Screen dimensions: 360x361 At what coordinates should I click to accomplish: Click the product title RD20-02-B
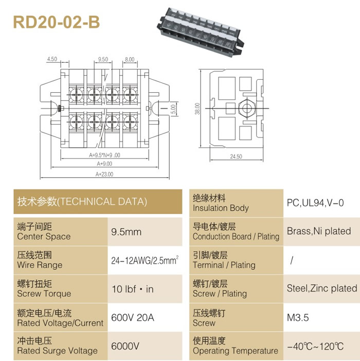click(x=57, y=22)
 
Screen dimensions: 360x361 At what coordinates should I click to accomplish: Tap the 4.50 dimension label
click(x=52, y=59)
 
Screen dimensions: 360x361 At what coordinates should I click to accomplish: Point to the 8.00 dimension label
click(x=130, y=59)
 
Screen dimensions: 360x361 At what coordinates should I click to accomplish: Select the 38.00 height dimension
click(x=197, y=109)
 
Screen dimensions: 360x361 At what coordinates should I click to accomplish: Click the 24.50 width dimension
click(x=236, y=157)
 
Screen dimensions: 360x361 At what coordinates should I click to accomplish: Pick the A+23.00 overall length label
click(x=104, y=174)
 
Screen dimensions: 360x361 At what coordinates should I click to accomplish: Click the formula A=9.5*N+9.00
click(x=104, y=155)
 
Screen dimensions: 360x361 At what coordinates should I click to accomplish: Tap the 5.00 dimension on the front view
click(x=173, y=109)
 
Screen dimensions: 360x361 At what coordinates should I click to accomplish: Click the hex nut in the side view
click(x=247, y=108)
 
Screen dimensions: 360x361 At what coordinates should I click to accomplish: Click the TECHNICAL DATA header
click(x=82, y=201)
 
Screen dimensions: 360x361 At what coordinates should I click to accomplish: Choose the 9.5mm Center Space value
click(x=126, y=232)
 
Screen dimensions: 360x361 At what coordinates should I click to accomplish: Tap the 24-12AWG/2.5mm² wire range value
click(x=145, y=260)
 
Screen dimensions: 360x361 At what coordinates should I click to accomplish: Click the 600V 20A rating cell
click(x=133, y=318)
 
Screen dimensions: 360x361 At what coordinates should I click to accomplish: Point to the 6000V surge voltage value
click(x=125, y=346)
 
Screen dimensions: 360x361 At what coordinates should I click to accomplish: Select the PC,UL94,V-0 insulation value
click(x=315, y=203)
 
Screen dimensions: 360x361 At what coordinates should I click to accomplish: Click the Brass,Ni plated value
click(x=319, y=231)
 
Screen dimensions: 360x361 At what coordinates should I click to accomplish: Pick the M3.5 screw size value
click(x=298, y=318)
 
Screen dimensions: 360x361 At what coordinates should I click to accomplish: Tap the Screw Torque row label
click(x=44, y=289)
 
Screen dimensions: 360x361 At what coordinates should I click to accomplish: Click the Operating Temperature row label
click(x=236, y=346)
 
